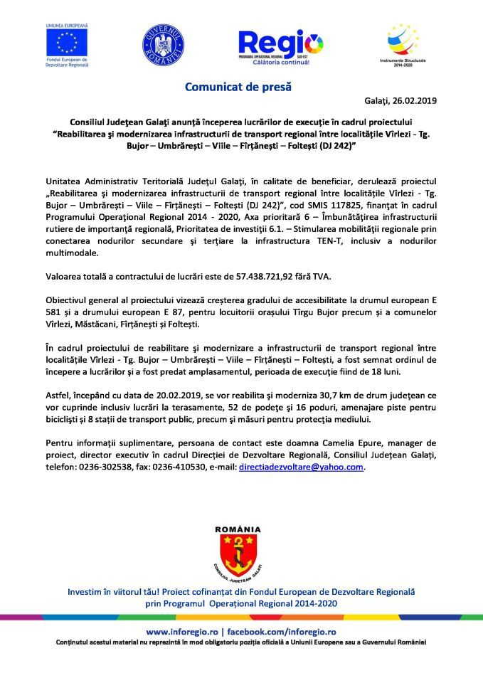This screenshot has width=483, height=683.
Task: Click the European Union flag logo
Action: (x=65, y=43)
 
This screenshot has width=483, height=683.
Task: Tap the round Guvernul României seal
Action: (x=163, y=45)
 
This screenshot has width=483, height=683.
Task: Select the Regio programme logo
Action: (x=280, y=47)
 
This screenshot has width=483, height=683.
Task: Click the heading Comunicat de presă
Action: (x=238, y=88)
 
